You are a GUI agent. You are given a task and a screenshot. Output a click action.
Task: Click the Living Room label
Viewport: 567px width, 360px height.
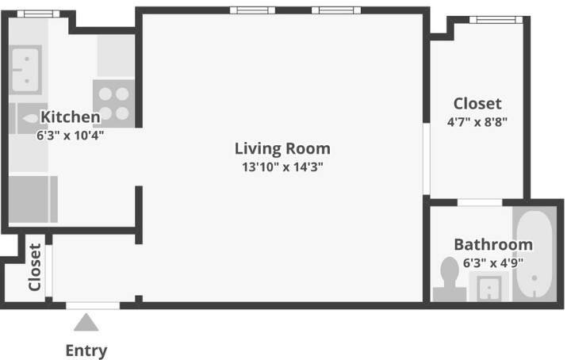point(282,149)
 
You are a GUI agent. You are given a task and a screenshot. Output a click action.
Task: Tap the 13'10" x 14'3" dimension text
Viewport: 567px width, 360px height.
point(282,167)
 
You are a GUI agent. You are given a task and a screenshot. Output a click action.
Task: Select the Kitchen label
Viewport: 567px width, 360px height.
point(71,117)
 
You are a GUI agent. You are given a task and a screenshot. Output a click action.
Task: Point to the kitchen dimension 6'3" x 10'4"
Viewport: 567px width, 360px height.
point(70,136)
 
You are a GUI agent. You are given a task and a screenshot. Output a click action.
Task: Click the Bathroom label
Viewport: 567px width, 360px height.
point(493,245)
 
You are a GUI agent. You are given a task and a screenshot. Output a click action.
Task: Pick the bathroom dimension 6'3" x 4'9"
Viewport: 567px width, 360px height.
point(493,262)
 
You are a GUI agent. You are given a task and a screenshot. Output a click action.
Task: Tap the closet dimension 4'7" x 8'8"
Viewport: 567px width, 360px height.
point(477,122)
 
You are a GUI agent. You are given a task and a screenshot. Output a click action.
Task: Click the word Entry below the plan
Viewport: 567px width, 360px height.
point(86,350)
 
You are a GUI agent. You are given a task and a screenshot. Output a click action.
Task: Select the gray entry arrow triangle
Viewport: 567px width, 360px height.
point(86,323)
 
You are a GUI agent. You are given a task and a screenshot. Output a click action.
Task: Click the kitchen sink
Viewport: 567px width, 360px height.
point(25,70)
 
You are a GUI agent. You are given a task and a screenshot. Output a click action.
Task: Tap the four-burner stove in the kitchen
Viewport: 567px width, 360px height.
point(113,103)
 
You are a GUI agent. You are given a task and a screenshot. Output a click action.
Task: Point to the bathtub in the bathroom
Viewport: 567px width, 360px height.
point(534,254)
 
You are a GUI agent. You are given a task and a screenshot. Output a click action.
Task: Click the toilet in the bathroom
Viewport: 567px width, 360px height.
point(450,279)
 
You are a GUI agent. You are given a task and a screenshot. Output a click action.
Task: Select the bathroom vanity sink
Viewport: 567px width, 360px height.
point(489,287)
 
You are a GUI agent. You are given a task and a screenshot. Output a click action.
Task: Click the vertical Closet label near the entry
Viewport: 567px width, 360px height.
point(35,267)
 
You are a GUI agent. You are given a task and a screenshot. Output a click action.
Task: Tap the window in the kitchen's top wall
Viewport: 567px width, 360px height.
point(38,14)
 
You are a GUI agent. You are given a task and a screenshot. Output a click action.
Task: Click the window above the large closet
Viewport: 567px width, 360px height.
point(496,20)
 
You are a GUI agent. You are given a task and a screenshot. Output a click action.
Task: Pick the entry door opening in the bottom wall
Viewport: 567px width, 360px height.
point(93,306)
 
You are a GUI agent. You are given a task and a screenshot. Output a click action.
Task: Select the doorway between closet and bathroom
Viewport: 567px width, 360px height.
point(480,202)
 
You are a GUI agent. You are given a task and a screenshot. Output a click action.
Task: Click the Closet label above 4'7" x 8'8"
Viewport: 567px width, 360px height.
point(477,104)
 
